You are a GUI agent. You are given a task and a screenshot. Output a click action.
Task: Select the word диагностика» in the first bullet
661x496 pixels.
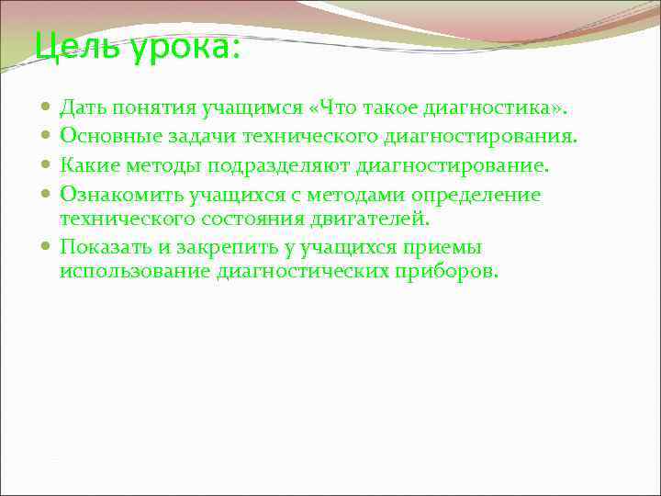(x=495, y=109)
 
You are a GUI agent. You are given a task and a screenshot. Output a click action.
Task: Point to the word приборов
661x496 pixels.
(x=449, y=272)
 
